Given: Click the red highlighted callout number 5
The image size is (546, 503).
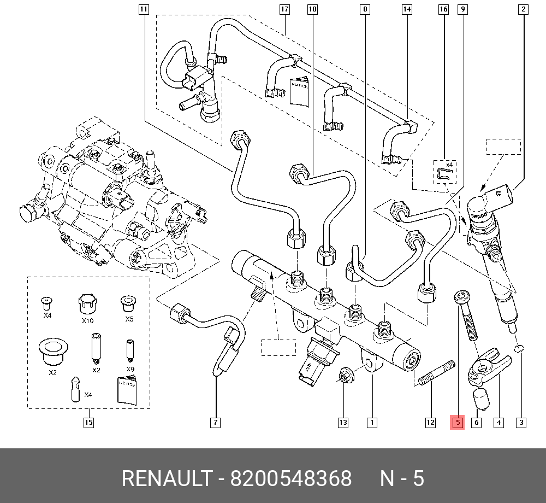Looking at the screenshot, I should tap(456, 422).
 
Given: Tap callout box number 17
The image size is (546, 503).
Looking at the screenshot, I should tap(284, 9).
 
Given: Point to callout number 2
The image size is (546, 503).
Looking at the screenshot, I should tap(523, 9).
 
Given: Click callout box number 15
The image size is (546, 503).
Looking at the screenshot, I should tap(88, 422).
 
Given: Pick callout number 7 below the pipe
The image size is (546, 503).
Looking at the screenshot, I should tap(215, 422).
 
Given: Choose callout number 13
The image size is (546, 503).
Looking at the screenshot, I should tap(343, 422).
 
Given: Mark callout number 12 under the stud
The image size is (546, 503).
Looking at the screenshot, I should tap(430, 422).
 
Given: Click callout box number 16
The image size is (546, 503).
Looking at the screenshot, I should tap(443, 9).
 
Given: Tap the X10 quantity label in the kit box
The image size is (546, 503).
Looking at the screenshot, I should tap(87, 321).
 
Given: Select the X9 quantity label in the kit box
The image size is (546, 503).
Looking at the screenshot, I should tap(130, 370).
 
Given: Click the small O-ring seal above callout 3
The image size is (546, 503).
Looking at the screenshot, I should tap(520, 348).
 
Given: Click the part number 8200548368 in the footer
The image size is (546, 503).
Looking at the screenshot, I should tap(291, 478).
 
